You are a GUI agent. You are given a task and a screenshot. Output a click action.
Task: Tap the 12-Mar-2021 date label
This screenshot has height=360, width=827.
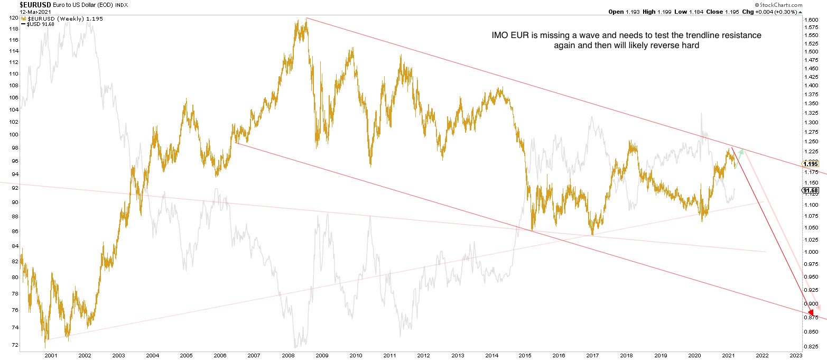[17, 11]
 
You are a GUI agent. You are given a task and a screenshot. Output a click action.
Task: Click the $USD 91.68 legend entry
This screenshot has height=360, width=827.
[38, 24]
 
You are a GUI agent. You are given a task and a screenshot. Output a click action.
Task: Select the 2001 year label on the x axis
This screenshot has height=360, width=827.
[50, 355]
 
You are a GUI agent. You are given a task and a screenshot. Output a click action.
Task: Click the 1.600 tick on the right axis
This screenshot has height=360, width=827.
[811, 20]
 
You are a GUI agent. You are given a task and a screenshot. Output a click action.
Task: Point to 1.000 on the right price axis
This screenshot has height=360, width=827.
[811, 252]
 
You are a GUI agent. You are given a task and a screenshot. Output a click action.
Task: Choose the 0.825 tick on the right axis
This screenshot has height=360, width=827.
[811, 346]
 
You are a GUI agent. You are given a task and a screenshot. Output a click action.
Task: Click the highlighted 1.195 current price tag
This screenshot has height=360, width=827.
[811, 164]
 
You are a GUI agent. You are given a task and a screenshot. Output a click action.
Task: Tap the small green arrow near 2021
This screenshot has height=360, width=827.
[740, 153]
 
